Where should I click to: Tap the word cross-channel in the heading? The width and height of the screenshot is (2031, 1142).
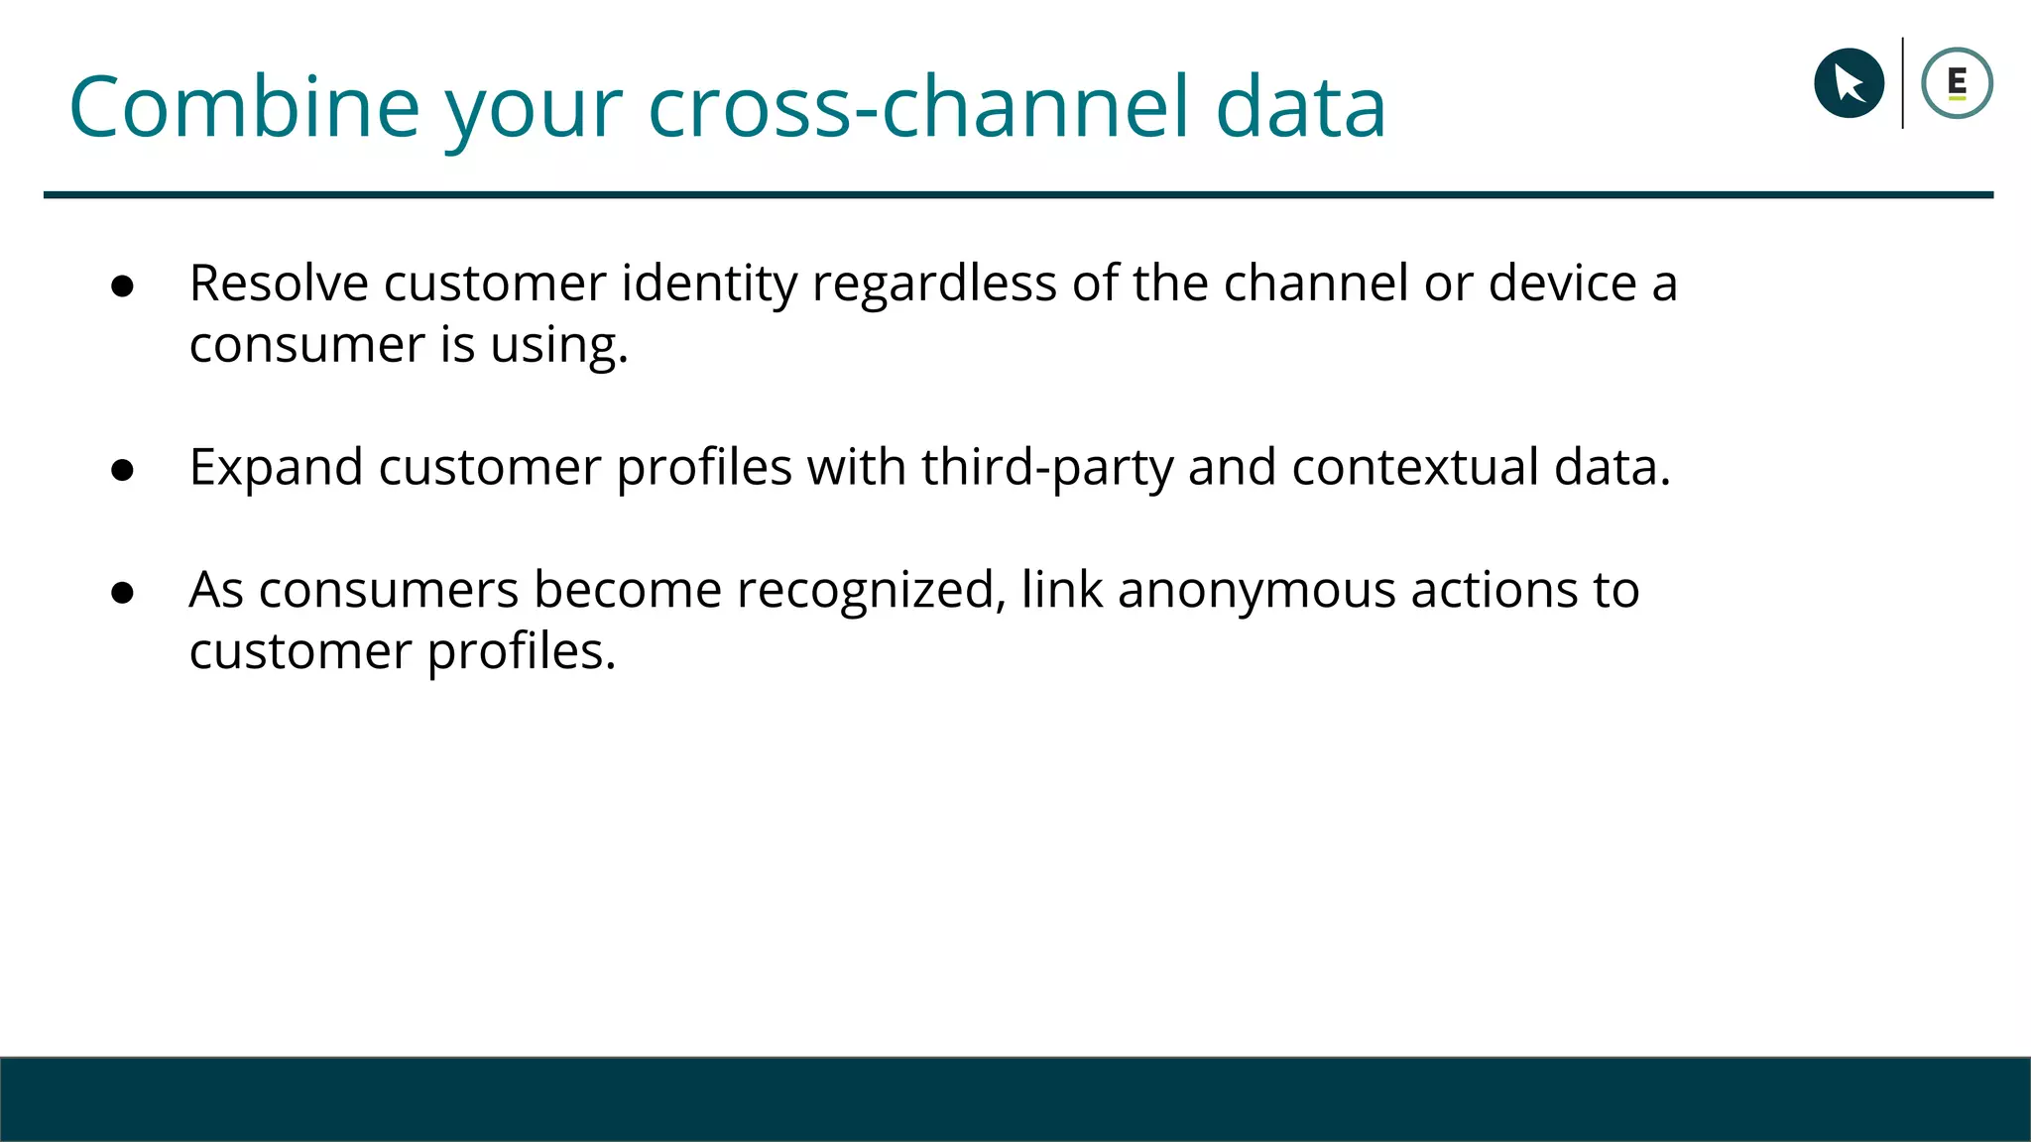[917, 107]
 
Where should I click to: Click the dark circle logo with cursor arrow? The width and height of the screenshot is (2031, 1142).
[1849, 83]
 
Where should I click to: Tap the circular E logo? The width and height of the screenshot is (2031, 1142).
[1957, 83]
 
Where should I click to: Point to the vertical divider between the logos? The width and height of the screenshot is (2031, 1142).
[1902, 83]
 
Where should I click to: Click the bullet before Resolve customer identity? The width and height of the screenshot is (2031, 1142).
[123, 286]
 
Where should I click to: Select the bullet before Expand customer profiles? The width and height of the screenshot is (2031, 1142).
[123, 470]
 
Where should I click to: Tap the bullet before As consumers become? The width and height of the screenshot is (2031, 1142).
[123, 593]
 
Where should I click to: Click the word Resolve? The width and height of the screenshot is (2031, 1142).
[279, 284]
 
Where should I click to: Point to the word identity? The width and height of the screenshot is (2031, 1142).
[709, 284]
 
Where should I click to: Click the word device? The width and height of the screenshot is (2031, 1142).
[1562, 284]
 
